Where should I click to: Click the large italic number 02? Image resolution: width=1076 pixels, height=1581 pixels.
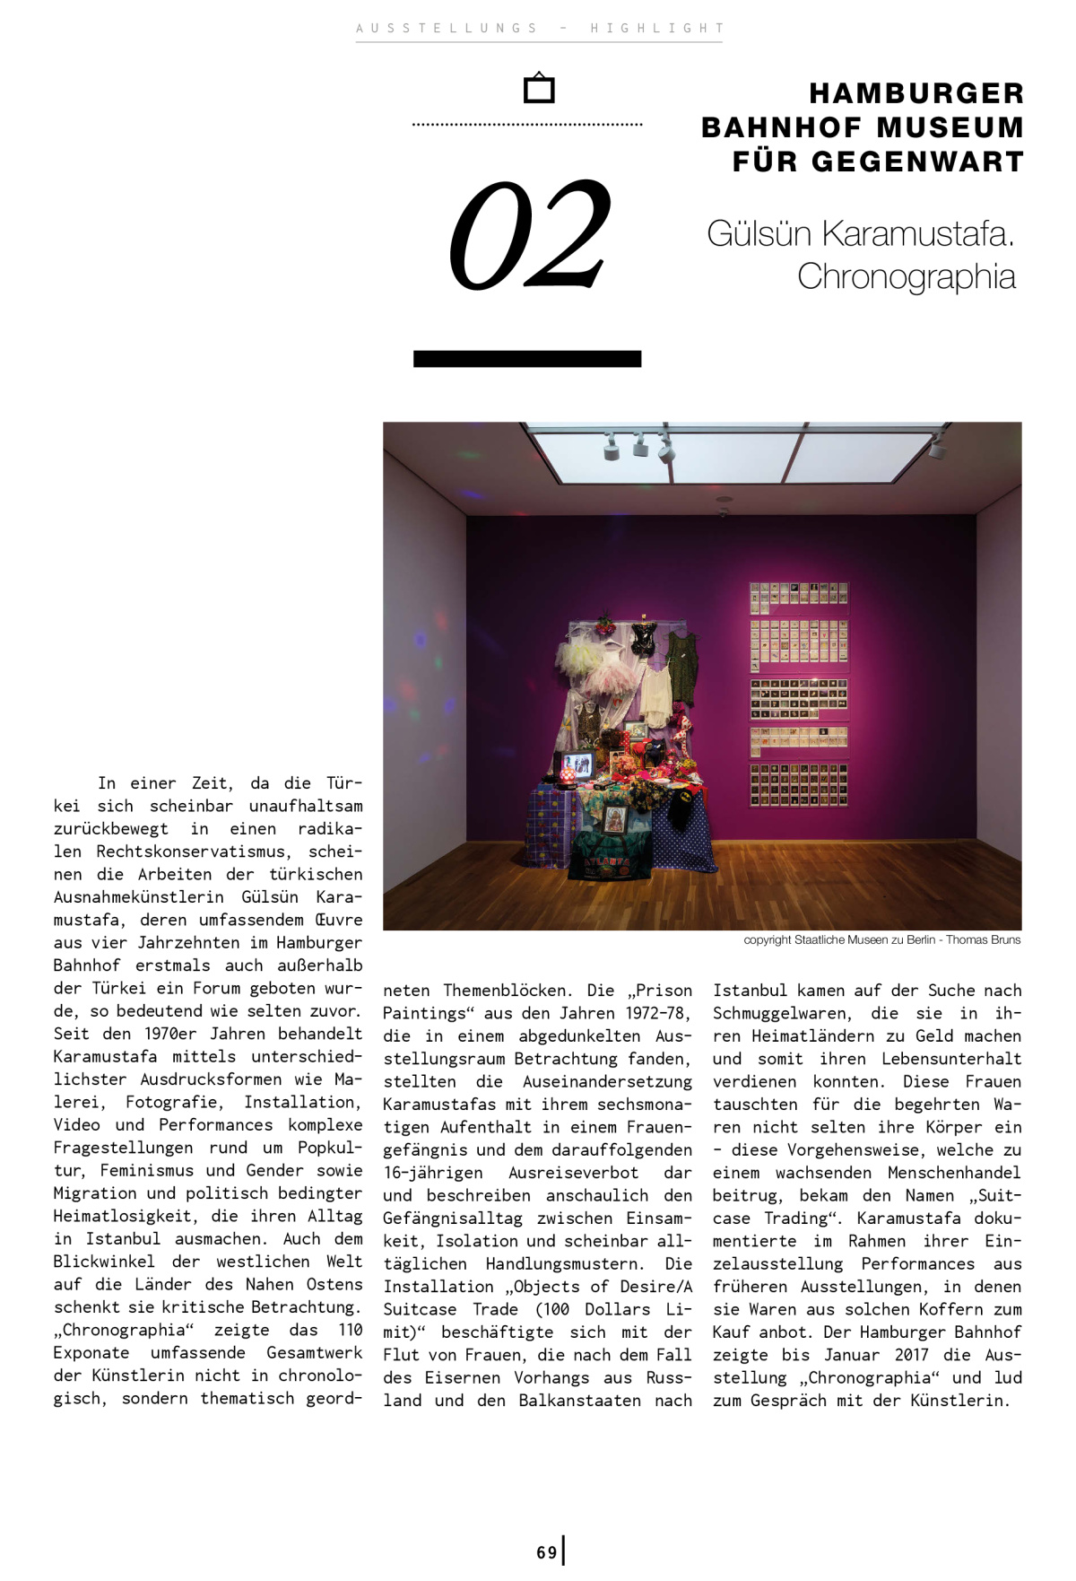530,235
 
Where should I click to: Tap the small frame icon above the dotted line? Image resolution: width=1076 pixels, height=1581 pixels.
539,88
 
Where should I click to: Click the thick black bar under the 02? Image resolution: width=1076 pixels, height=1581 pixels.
527,359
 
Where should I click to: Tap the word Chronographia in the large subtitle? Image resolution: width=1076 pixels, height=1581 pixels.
907,276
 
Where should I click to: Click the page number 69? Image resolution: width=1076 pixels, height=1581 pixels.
547,1552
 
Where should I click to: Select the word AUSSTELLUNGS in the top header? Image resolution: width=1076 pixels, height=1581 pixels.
447,28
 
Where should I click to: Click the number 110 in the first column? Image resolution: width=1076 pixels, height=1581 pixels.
350,1330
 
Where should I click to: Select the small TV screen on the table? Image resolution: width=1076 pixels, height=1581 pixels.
578,764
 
